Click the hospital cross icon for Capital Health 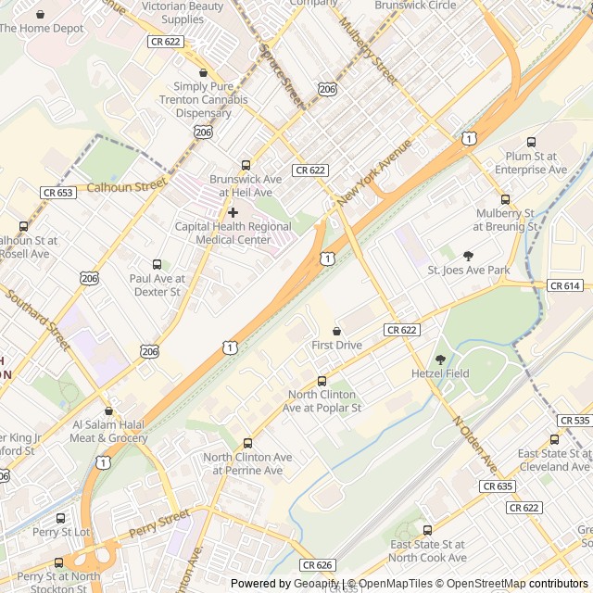pyautogui.click(x=233, y=212)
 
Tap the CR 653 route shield pyautogui.click(x=57, y=192)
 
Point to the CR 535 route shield pyautogui.click(x=575, y=420)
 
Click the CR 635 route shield pyautogui.click(x=498, y=486)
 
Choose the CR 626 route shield pyautogui.click(x=316, y=564)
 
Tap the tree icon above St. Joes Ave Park pyautogui.click(x=468, y=256)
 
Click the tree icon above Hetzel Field pyautogui.click(x=440, y=360)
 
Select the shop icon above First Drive pyautogui.click(x=336, y=331)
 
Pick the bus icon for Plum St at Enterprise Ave pyautogui.click(x=531, y=142)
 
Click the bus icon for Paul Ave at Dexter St pyautogui.click(x=157, y=264)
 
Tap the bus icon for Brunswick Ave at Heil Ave pyautogui.click(x=246, y=165)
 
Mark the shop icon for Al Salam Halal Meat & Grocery pyautogui.click(x=109, y=410)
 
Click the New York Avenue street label pyautogui.click(x=374, y=173)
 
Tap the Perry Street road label pyautogui.click(x=159, y=524)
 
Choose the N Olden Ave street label pyautogui.click(x=475, y=442)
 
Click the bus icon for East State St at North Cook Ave pyautogui.click(x=427, y=530)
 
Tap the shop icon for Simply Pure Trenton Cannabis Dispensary pyautogui.click(x=203, y=72)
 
